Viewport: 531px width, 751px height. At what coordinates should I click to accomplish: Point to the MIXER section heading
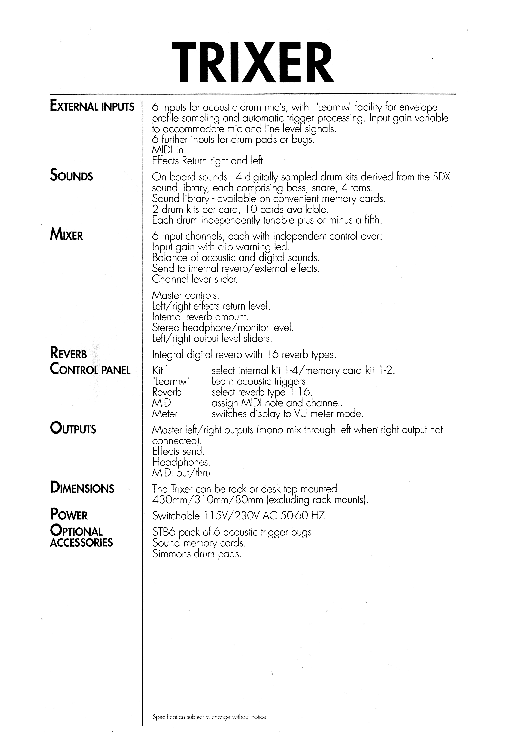coord(66,235)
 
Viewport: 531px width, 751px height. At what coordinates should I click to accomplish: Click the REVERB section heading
coord(68,354)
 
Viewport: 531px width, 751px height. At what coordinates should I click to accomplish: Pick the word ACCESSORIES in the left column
coord(81,543)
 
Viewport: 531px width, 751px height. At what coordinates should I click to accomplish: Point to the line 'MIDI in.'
coord(169,150)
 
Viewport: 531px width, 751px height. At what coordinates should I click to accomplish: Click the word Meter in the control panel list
coord(165,414)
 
